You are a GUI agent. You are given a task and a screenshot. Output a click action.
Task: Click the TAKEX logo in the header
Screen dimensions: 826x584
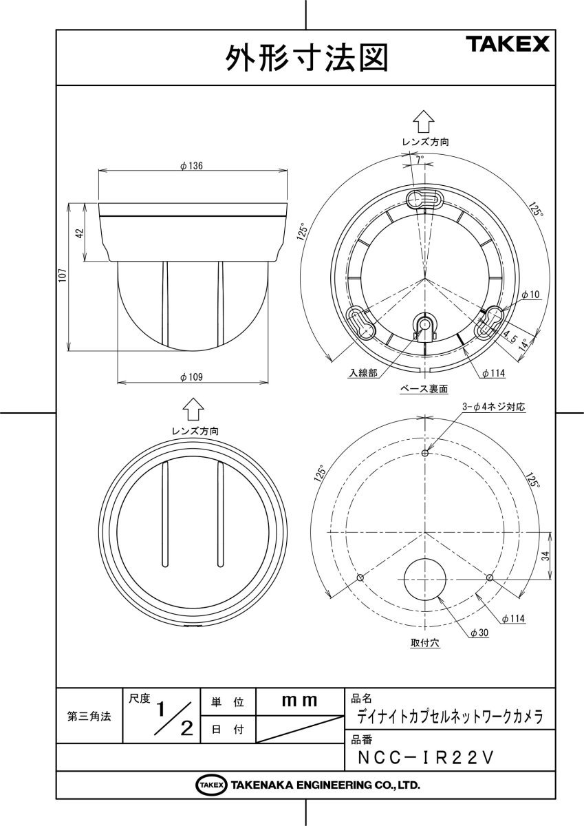(x=508, y=45)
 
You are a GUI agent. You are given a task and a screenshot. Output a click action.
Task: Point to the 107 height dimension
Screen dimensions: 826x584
(x=61, y=276)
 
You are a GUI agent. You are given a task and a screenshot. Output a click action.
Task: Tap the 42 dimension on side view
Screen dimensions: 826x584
(x=79, y=233)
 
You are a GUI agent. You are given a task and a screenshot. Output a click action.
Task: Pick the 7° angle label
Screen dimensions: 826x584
(x=419, y=158)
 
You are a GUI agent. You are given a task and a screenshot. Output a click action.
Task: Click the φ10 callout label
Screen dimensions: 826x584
(x=530, y=295)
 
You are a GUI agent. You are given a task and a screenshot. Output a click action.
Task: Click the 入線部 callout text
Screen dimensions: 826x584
(x=362, y=373)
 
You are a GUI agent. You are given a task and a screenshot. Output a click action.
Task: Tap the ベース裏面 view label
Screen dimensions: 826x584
(x=424, y=389)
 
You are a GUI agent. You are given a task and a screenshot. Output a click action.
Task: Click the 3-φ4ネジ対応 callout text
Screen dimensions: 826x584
(x=494, y=407)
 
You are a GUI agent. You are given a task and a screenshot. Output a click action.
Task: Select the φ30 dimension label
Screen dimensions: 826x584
(x=479, y=633)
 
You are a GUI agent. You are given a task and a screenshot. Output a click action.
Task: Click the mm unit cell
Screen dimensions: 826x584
(x=300, y=702)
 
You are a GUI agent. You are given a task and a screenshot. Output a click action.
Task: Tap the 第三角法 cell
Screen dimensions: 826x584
(x=89, y=717)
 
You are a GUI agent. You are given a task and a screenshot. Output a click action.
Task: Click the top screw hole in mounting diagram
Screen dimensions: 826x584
(x=425, y=453)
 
